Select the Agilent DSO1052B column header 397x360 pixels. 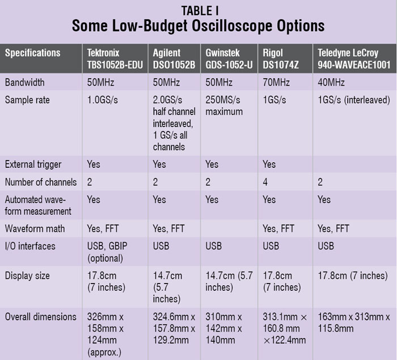175,58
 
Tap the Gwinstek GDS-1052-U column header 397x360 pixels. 230,58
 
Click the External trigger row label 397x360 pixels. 33,164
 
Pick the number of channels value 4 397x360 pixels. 265,183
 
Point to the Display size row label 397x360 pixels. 27,276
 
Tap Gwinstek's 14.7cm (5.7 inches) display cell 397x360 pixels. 229,282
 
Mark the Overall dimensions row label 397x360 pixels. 40,317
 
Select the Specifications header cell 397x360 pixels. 32,53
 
